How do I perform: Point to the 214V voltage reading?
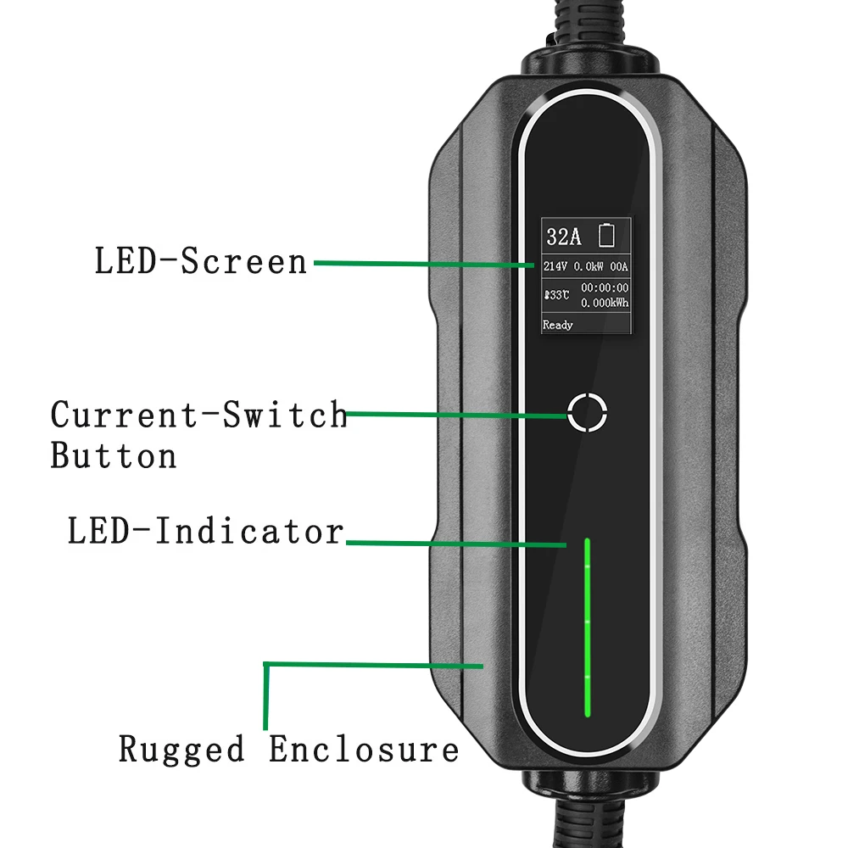556,266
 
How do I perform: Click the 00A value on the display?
619,266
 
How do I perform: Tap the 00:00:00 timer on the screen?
605,288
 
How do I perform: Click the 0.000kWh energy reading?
605,303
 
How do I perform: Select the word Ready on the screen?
558,325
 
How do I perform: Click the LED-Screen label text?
200,261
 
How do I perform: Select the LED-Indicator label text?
205,532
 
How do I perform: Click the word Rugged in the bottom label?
181,750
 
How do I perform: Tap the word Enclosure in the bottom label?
364,750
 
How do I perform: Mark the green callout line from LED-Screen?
424,264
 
